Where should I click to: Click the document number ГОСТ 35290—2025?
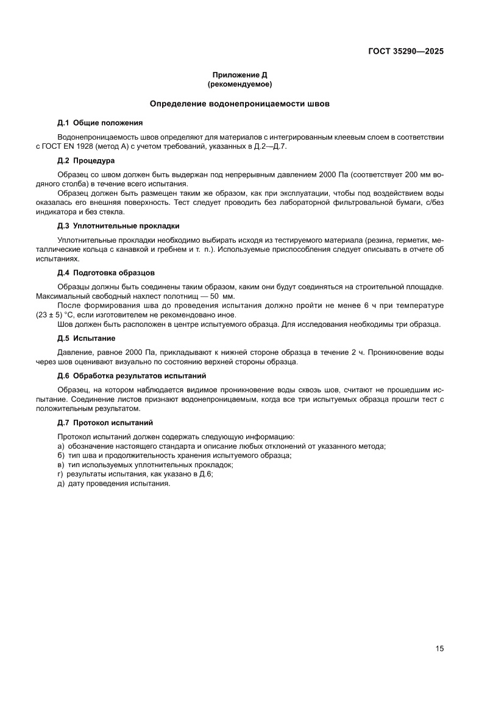point(405,51)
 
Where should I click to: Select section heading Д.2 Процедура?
point(86,161)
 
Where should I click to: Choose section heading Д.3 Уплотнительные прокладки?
point(118,225)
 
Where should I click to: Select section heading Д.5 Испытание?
point(87,338)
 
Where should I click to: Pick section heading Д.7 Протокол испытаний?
point(105,422)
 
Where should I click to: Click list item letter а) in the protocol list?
point(60,446)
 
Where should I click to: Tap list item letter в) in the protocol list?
point(60,465)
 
